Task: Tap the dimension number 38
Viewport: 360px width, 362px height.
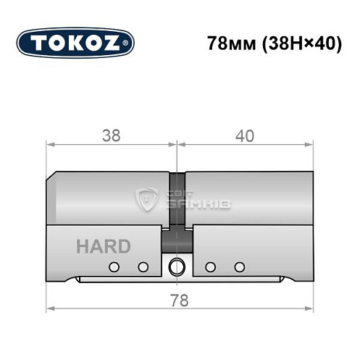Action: coord(112,135)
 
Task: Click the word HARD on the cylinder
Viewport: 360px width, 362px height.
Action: coord(103,246)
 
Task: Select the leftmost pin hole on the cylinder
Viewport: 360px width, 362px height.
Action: coord(113,267)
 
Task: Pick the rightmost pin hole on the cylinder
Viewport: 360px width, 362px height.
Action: coord(236,267)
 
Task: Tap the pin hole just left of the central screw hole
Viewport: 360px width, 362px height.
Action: coord(143,267)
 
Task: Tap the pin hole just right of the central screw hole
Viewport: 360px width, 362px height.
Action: coord(210,267)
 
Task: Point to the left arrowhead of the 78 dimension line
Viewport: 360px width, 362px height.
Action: coord(51,309)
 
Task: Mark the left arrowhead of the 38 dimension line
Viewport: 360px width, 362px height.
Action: coord(51,144)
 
